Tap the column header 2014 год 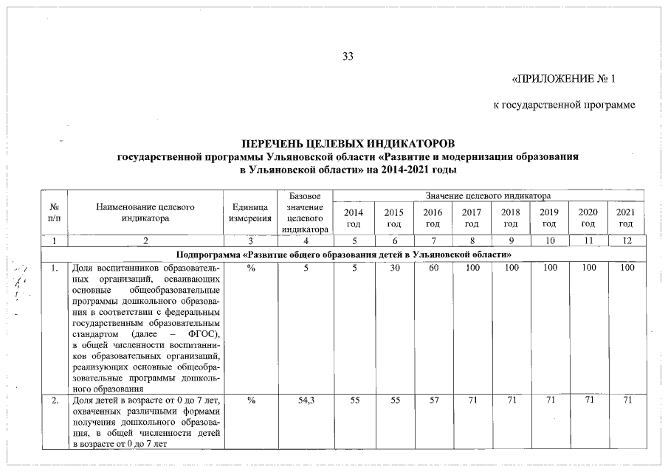click(x=354, y=218)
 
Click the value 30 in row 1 click(x=394, y=269)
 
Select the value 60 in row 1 click(x=433, y=269)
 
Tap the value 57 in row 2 click(x=433, y=400)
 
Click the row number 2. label click(x=54, y=400)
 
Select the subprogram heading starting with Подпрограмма click(x=344, y=254)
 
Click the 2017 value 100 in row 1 click(x=472, y=269)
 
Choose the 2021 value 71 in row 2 click(x=627, y=400)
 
